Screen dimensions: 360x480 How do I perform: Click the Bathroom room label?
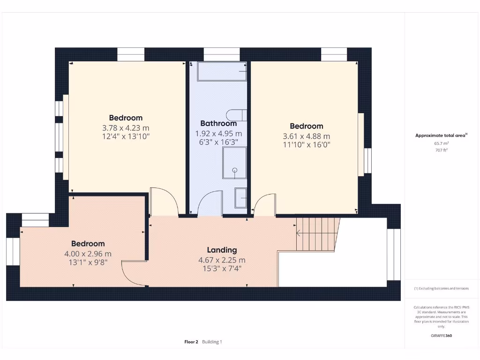tap(218, 124)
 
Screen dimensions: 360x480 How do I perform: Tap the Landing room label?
tap(222, 250)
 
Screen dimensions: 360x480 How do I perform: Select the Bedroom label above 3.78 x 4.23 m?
tap(126, 118)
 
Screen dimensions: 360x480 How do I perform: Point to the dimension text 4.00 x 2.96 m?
tap(88, 254)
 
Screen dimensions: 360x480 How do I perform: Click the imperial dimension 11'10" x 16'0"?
tap(307, 145)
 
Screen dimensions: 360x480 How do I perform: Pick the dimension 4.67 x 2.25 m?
tap(222, 260)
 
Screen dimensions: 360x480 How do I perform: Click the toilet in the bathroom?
tap(236, 114)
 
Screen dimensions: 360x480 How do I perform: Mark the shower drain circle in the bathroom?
tap(235, 171)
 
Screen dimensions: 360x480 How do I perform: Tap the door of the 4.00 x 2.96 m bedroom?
tap(134, 274)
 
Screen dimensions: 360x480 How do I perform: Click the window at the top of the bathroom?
tap(222, 54)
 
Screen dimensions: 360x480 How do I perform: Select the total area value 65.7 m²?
tap(440, 143)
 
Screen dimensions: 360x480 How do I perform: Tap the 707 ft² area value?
tap(440, 150)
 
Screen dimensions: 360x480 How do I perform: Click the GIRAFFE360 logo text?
tap(441, 336)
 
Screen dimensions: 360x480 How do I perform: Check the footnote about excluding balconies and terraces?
tap(441, 288)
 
